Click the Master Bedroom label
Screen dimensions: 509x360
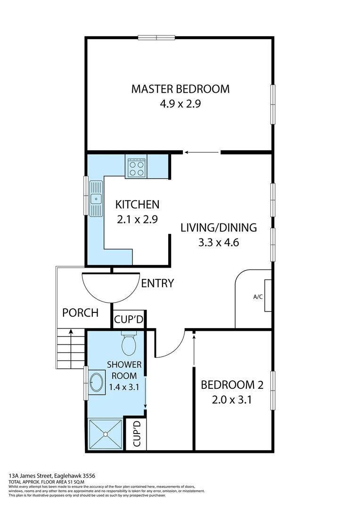180,89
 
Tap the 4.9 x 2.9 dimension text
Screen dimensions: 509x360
180,104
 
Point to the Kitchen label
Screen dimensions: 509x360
137,205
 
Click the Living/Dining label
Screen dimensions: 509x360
219,228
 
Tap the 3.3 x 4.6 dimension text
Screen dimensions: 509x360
219,243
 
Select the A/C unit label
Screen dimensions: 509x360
258,297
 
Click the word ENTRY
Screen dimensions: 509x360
157,283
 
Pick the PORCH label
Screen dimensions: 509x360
81,312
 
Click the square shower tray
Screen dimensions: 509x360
105,433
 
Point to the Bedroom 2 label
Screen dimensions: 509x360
232,385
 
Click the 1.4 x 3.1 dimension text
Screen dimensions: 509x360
124,387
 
